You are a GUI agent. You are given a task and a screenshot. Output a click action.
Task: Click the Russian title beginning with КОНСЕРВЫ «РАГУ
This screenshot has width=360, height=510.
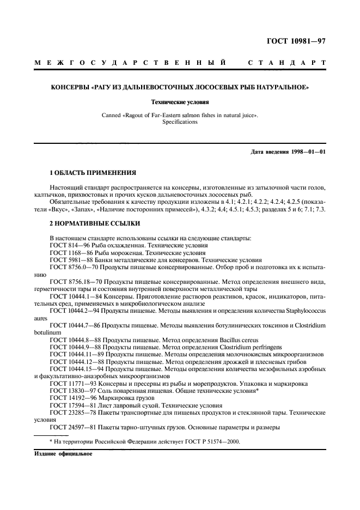point(180,87)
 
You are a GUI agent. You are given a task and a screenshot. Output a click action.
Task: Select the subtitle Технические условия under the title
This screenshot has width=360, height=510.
point(180,101)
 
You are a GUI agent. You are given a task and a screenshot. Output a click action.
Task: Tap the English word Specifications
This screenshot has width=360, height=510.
point(180,122)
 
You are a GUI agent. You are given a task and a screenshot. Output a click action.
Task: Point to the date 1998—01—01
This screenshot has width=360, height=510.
point(308,151)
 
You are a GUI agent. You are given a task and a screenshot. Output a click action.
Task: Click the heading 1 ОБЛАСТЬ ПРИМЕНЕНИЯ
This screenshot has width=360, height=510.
point(93,173)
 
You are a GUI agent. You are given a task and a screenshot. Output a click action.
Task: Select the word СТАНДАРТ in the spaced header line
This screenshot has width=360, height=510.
point(286,63)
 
